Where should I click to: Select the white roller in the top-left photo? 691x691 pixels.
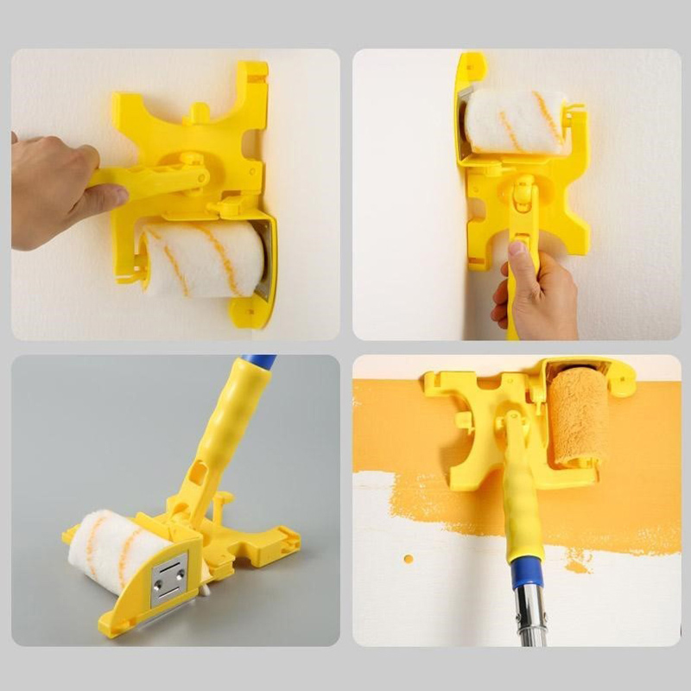[x=203, y=259]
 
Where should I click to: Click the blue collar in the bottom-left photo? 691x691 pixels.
[x=258, y=362]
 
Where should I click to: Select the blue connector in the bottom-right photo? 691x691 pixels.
[x=525, y=573]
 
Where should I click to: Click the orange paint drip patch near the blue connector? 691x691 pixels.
[x=577, y=563]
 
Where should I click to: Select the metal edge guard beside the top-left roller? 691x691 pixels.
[x=266, y=259]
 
